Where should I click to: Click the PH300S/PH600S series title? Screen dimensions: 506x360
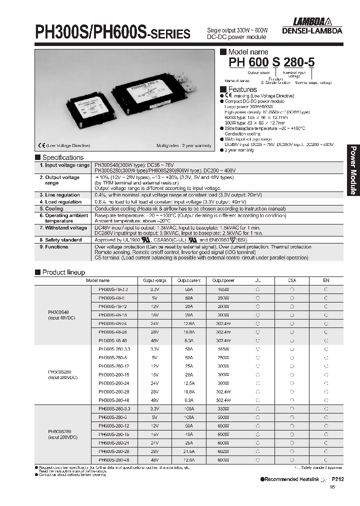coord(112,32)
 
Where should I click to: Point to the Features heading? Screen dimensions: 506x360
coord(242,89)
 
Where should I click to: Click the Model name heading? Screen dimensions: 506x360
coord(248,52)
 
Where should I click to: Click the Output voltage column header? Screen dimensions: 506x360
coord(154,280)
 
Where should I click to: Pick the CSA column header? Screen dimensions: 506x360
coord(292,280)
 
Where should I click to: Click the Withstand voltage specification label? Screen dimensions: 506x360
coord(66,228)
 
